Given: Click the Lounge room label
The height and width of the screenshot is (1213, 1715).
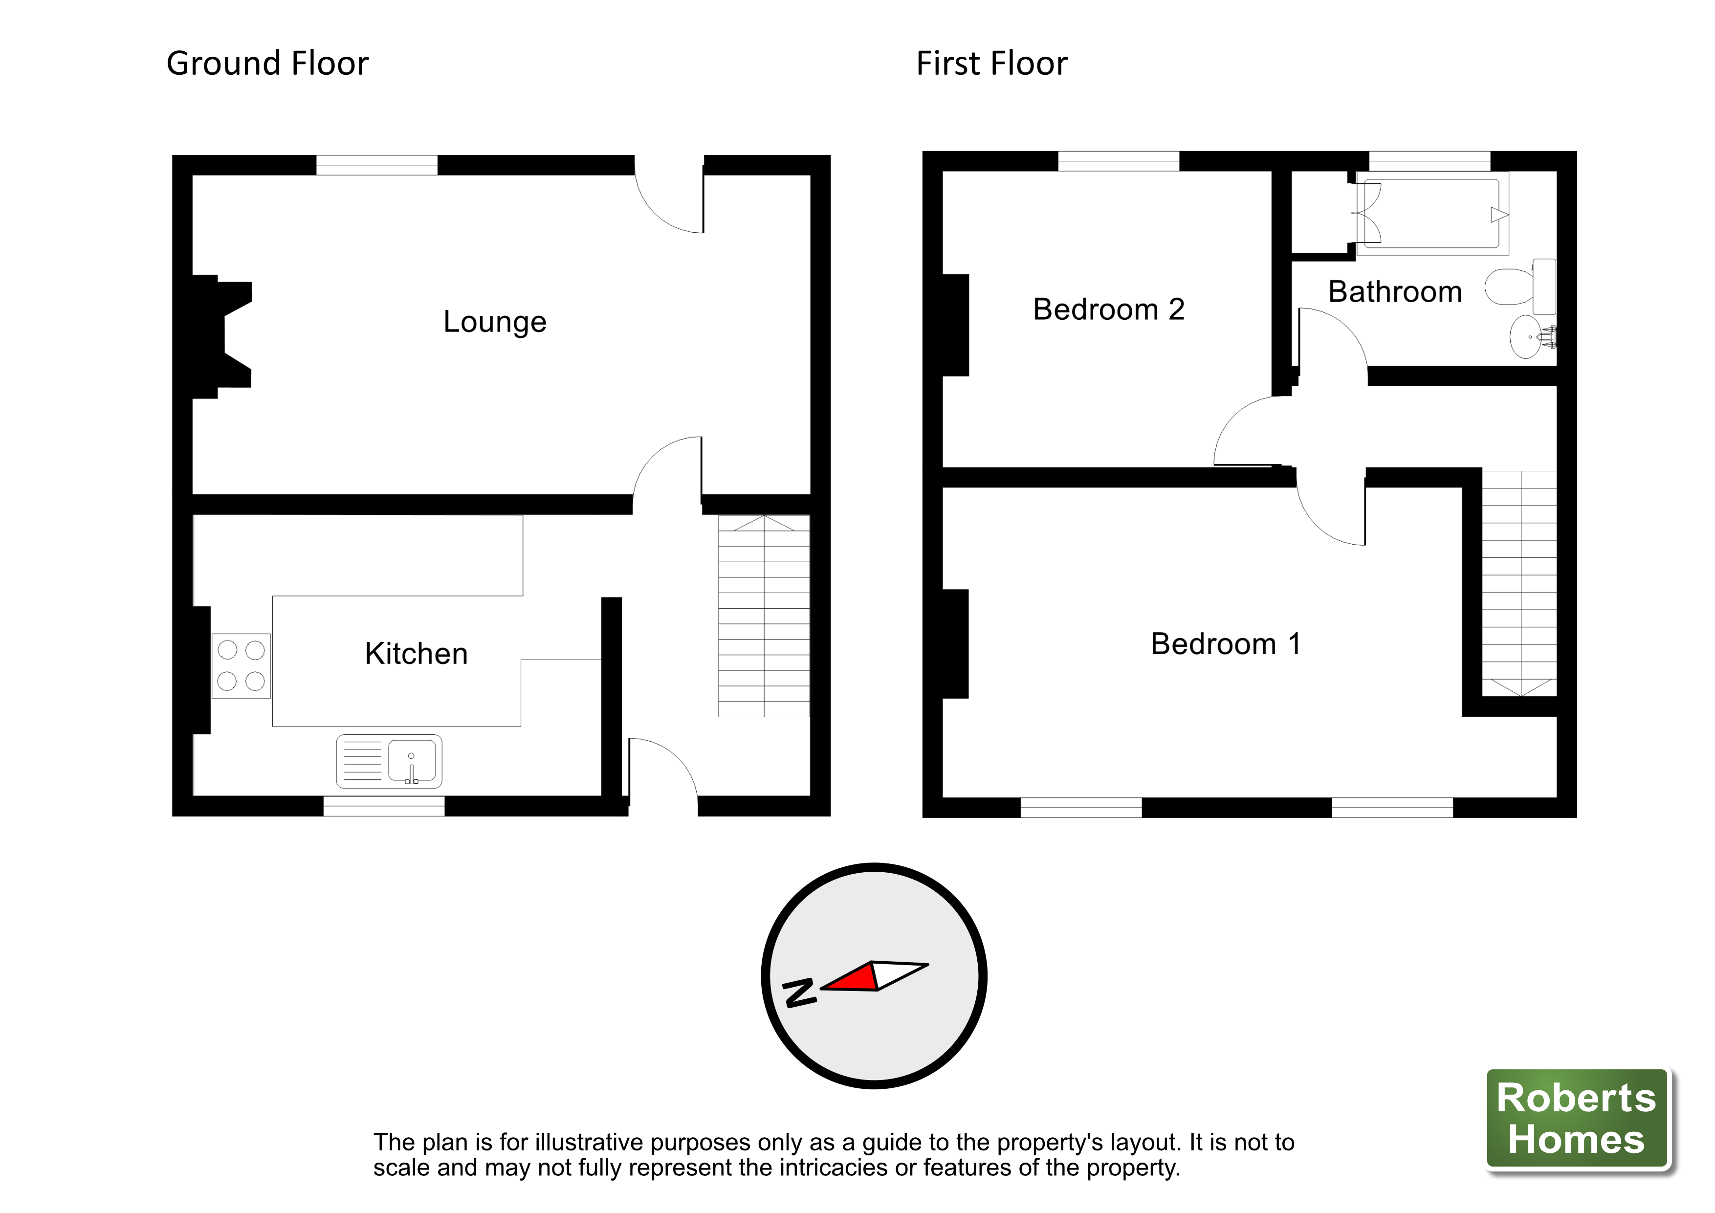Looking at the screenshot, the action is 494,322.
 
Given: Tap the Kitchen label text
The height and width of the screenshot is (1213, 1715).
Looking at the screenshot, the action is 416,654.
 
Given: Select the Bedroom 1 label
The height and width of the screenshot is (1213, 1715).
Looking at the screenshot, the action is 1226,644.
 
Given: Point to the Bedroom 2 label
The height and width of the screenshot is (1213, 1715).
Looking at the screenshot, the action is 1108,309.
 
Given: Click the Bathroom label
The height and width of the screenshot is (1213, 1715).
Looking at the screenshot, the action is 1395,291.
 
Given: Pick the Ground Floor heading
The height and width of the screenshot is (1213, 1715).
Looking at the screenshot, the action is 267,64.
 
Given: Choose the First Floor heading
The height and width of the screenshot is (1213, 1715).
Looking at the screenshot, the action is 992,64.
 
